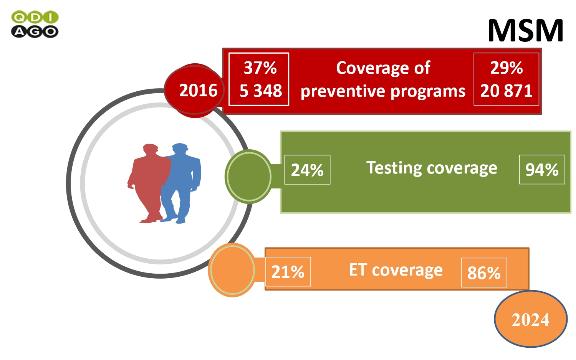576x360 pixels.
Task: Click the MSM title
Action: coord(525,31)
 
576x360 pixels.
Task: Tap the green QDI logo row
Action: coord(35,17)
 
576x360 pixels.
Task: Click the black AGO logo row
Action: coord(35,31)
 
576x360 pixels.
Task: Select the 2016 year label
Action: coord(198,91)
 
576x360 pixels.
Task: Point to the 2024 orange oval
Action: coord(531,319)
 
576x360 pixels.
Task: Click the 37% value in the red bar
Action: coord(260,68)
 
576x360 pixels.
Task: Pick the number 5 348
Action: coord(260,91)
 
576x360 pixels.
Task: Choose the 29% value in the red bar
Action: coord(506,68)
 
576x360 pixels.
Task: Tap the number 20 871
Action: coord(506,91)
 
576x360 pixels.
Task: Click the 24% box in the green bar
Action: coord(307,170)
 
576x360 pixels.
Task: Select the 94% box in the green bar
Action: coord(542,169)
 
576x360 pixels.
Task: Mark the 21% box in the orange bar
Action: coord(288,272)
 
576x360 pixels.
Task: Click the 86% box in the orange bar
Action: coord(484,272)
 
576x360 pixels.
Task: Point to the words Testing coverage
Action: coord(432,168)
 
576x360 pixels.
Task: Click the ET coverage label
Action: coord(396,270)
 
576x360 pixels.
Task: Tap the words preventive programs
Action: coord(383,91)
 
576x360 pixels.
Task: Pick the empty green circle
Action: coord(249,177)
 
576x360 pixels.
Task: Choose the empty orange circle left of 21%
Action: coord(232,270)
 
